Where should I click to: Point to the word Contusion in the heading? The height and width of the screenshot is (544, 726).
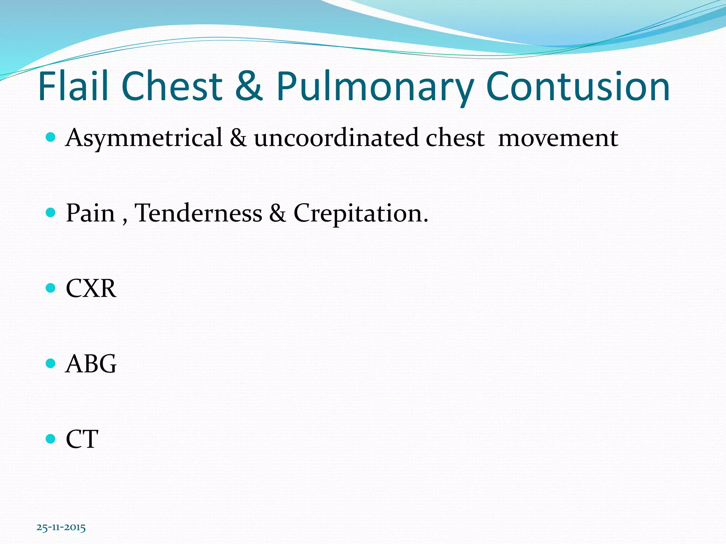pos(578,86)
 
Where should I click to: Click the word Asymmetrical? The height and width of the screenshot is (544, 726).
pos(144,138)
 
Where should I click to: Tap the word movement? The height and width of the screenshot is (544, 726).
pos(558,138)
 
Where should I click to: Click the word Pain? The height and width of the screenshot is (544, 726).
pos(90,213)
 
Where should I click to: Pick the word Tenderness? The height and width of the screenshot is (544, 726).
pos(199,213)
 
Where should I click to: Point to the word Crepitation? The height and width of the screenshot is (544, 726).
pos(361,214)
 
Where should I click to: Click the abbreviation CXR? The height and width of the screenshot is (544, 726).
pos(91,288)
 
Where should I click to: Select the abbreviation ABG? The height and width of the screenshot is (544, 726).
pos(91,364)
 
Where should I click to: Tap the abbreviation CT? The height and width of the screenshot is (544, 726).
pos(82,439)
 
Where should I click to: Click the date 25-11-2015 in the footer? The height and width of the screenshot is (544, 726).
pos(61,527)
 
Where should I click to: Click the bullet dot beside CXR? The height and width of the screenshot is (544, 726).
pos(51,288)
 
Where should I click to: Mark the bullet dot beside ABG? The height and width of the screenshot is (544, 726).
pos(51,363)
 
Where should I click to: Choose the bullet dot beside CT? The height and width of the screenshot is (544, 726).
pos(51,439)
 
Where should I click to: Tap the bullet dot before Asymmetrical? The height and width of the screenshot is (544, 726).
pos(51,137)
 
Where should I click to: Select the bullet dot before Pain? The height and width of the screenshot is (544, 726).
pos(51,212)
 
